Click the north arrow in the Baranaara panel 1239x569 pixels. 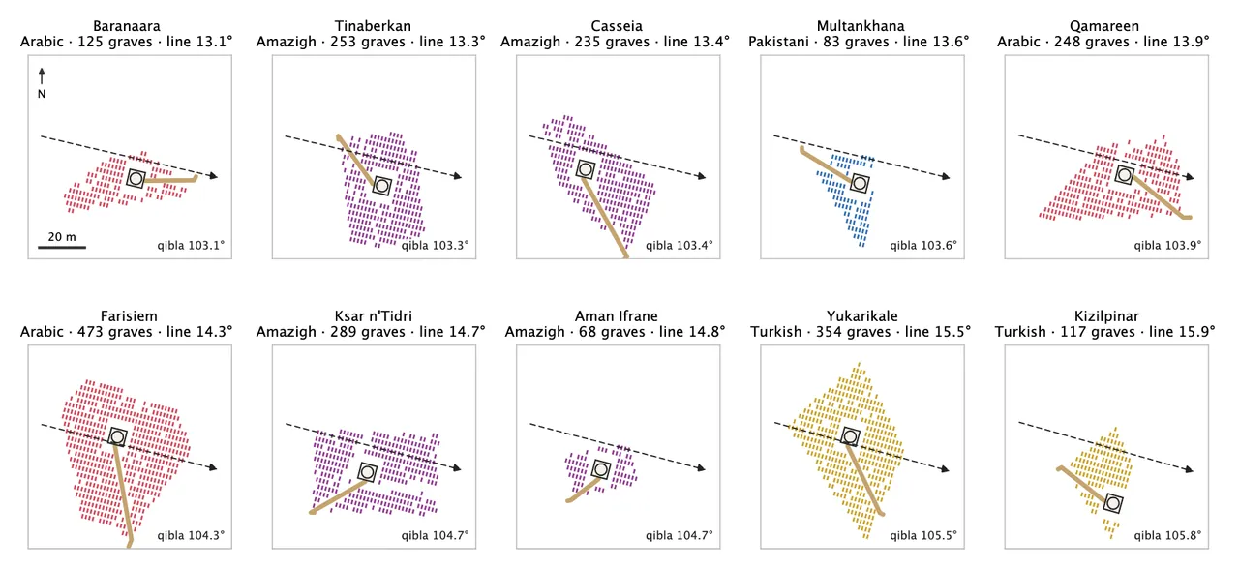coord(42,76)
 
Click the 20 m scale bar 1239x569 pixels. coord(62,247)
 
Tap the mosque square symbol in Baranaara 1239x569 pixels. coord(136,179)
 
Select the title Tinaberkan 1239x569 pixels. coord(373,26)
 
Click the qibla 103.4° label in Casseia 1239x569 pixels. coord(680,246)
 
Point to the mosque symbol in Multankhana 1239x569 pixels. coord(860,183)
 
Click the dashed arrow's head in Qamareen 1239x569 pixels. coord(1190,177)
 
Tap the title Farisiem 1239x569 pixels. coord(129,316)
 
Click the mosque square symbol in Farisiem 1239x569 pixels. coord(117,436)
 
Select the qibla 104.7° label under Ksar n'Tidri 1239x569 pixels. coord(436,536)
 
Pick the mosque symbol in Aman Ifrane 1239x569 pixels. coord(601,469)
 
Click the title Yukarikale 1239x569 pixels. coord(862,316)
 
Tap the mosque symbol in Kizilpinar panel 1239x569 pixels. coord(1113,503)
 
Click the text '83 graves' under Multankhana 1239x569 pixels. coord(856,42)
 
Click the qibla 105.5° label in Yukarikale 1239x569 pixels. coord(923,536)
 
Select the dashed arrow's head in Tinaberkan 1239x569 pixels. coord(457,176)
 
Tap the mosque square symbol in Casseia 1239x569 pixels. coord(586,169)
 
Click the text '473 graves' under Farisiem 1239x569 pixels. coord(114,332)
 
